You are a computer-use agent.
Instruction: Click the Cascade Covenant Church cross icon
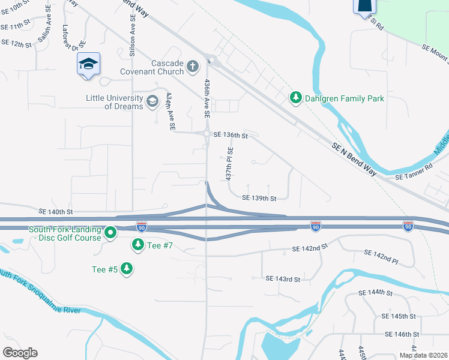point(193,66)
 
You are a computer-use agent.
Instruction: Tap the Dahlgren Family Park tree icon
point(295,97)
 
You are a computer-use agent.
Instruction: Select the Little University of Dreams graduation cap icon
point(152,100)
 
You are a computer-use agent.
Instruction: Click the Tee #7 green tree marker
point(138,245)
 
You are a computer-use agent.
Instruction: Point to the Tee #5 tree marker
point(126,269)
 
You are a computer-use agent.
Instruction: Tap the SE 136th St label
point(231,136)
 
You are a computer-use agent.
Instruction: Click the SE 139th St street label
point(259,198)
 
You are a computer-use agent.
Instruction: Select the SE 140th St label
point(55,212)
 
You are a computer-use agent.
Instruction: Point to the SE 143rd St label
point(283,279)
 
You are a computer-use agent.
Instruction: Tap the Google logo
point(20,352)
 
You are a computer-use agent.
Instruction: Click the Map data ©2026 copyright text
point(423,355)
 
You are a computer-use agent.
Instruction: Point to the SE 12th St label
point(16,44)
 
